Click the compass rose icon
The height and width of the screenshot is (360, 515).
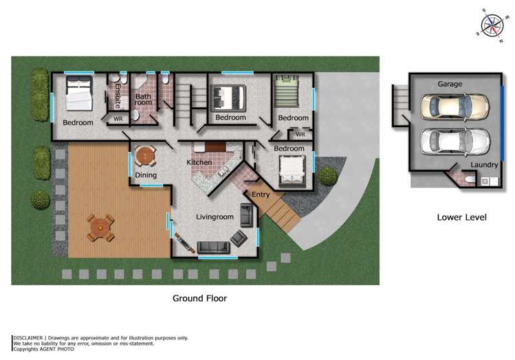(492, 24)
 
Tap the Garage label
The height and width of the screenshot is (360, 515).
(450, 84)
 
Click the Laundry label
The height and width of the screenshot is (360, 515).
(485, 165)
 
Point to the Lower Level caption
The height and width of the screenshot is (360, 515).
(461, 217)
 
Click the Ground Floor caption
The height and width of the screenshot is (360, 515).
(199, 298)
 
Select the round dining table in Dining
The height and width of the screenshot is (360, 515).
(145, 157)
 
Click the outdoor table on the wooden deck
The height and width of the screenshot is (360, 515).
(100, 227)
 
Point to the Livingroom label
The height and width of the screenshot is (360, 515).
(215, 217)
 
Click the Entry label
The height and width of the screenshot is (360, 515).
(261, 194)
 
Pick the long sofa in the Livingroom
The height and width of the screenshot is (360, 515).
(214, 247)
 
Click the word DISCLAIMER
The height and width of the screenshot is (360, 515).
(28, 338)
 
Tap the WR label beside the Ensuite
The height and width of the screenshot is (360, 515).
(118, 119)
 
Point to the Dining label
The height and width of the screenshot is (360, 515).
(145, 176)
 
